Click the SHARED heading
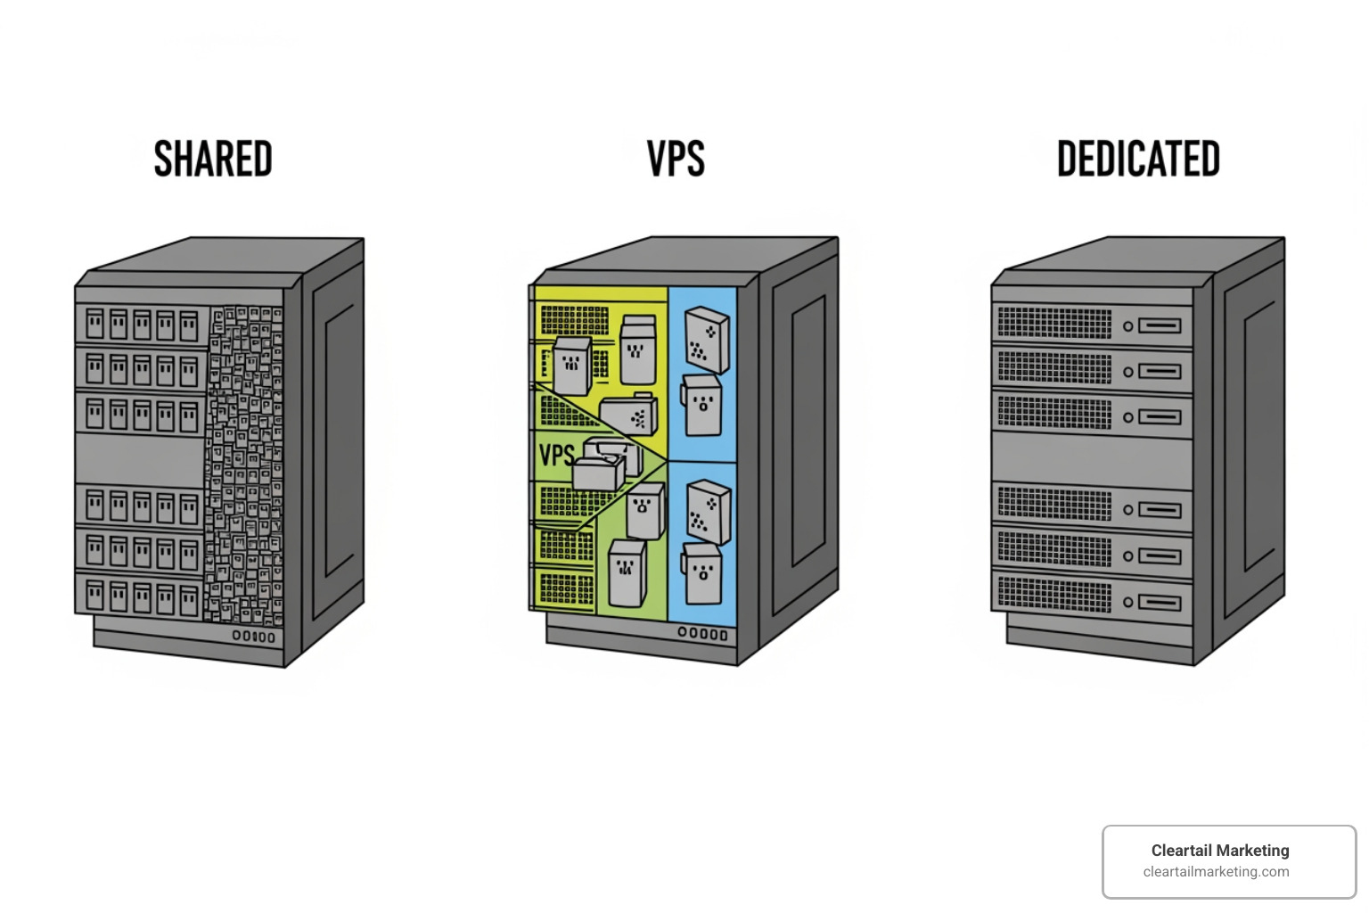pyautogui.click(x=213, y=159)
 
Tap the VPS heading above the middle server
pyautogui.click(x=676, y=159)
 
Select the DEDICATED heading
pyautogui.click(x=1138, y=159)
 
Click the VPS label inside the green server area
pyautogui.click(x=556, y=456)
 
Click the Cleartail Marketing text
pyautogui.click(x=1219, y=850)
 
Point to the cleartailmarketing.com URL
pyautogui.click(x=1216, y=872)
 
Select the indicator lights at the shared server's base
pyautogui.click(x=254, y=637)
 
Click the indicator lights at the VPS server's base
pyautogui.click(x=702, y=634)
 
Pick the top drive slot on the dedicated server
pyautogui.click(x=1159, y=326)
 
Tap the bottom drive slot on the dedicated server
pyautogui.click(x=1159, y=603)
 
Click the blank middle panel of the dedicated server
pyautogui.click(x=1092, y=459)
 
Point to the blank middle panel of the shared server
pyautogui.click(x=141, y=459)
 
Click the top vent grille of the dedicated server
pyautogui.click(x=1054, y=323)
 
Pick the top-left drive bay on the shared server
pyautogui.click(x=94, y=325)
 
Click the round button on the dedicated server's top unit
pyautogui.click(x=1127, y=326)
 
